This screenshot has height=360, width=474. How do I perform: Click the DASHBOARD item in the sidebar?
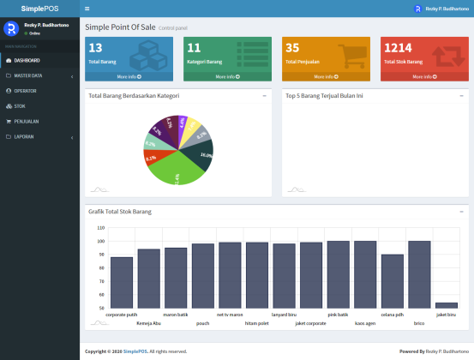[27, 61]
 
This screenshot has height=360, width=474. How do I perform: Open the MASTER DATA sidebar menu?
[28, 75]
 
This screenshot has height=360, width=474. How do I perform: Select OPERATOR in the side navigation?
[25, 91]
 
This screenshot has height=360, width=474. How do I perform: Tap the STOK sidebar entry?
[19, 106]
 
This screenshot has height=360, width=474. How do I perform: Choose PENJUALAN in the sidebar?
[27, 122]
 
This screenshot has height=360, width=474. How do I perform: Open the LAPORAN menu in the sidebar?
[24, 137]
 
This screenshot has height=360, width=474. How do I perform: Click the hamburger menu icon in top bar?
[87, 9]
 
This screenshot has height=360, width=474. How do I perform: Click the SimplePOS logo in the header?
[39, 9]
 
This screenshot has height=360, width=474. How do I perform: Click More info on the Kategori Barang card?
[229, 76]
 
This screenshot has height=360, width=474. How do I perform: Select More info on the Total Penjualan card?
[327, 76]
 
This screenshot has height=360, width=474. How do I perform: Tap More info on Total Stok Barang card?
[425, 76]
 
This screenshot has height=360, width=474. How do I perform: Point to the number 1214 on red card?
[398, 48]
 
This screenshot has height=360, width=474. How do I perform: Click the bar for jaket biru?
[447, 305]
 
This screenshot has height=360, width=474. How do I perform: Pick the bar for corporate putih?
[122, 282]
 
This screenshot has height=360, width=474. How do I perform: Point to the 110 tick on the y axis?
[101, 228]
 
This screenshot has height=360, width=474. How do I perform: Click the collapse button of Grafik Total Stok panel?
[461, 210]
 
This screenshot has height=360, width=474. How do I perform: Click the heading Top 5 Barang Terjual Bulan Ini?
[324, 96]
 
